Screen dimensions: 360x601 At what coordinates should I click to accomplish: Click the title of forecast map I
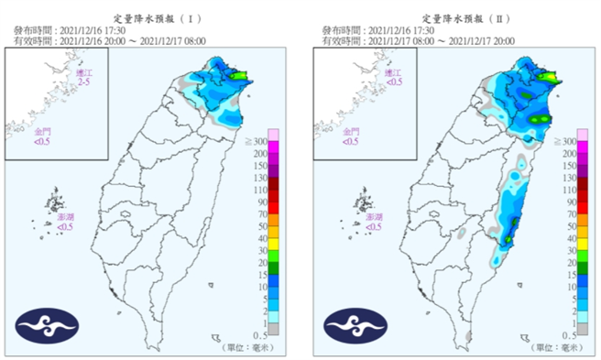click(x=153, y=17)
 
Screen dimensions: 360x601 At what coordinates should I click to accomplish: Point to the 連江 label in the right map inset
click(x=394, y=73)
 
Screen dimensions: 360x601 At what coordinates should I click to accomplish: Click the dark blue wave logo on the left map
click(x=47, y=324)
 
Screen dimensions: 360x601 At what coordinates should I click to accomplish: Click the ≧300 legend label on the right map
click(x=565, y=143)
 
